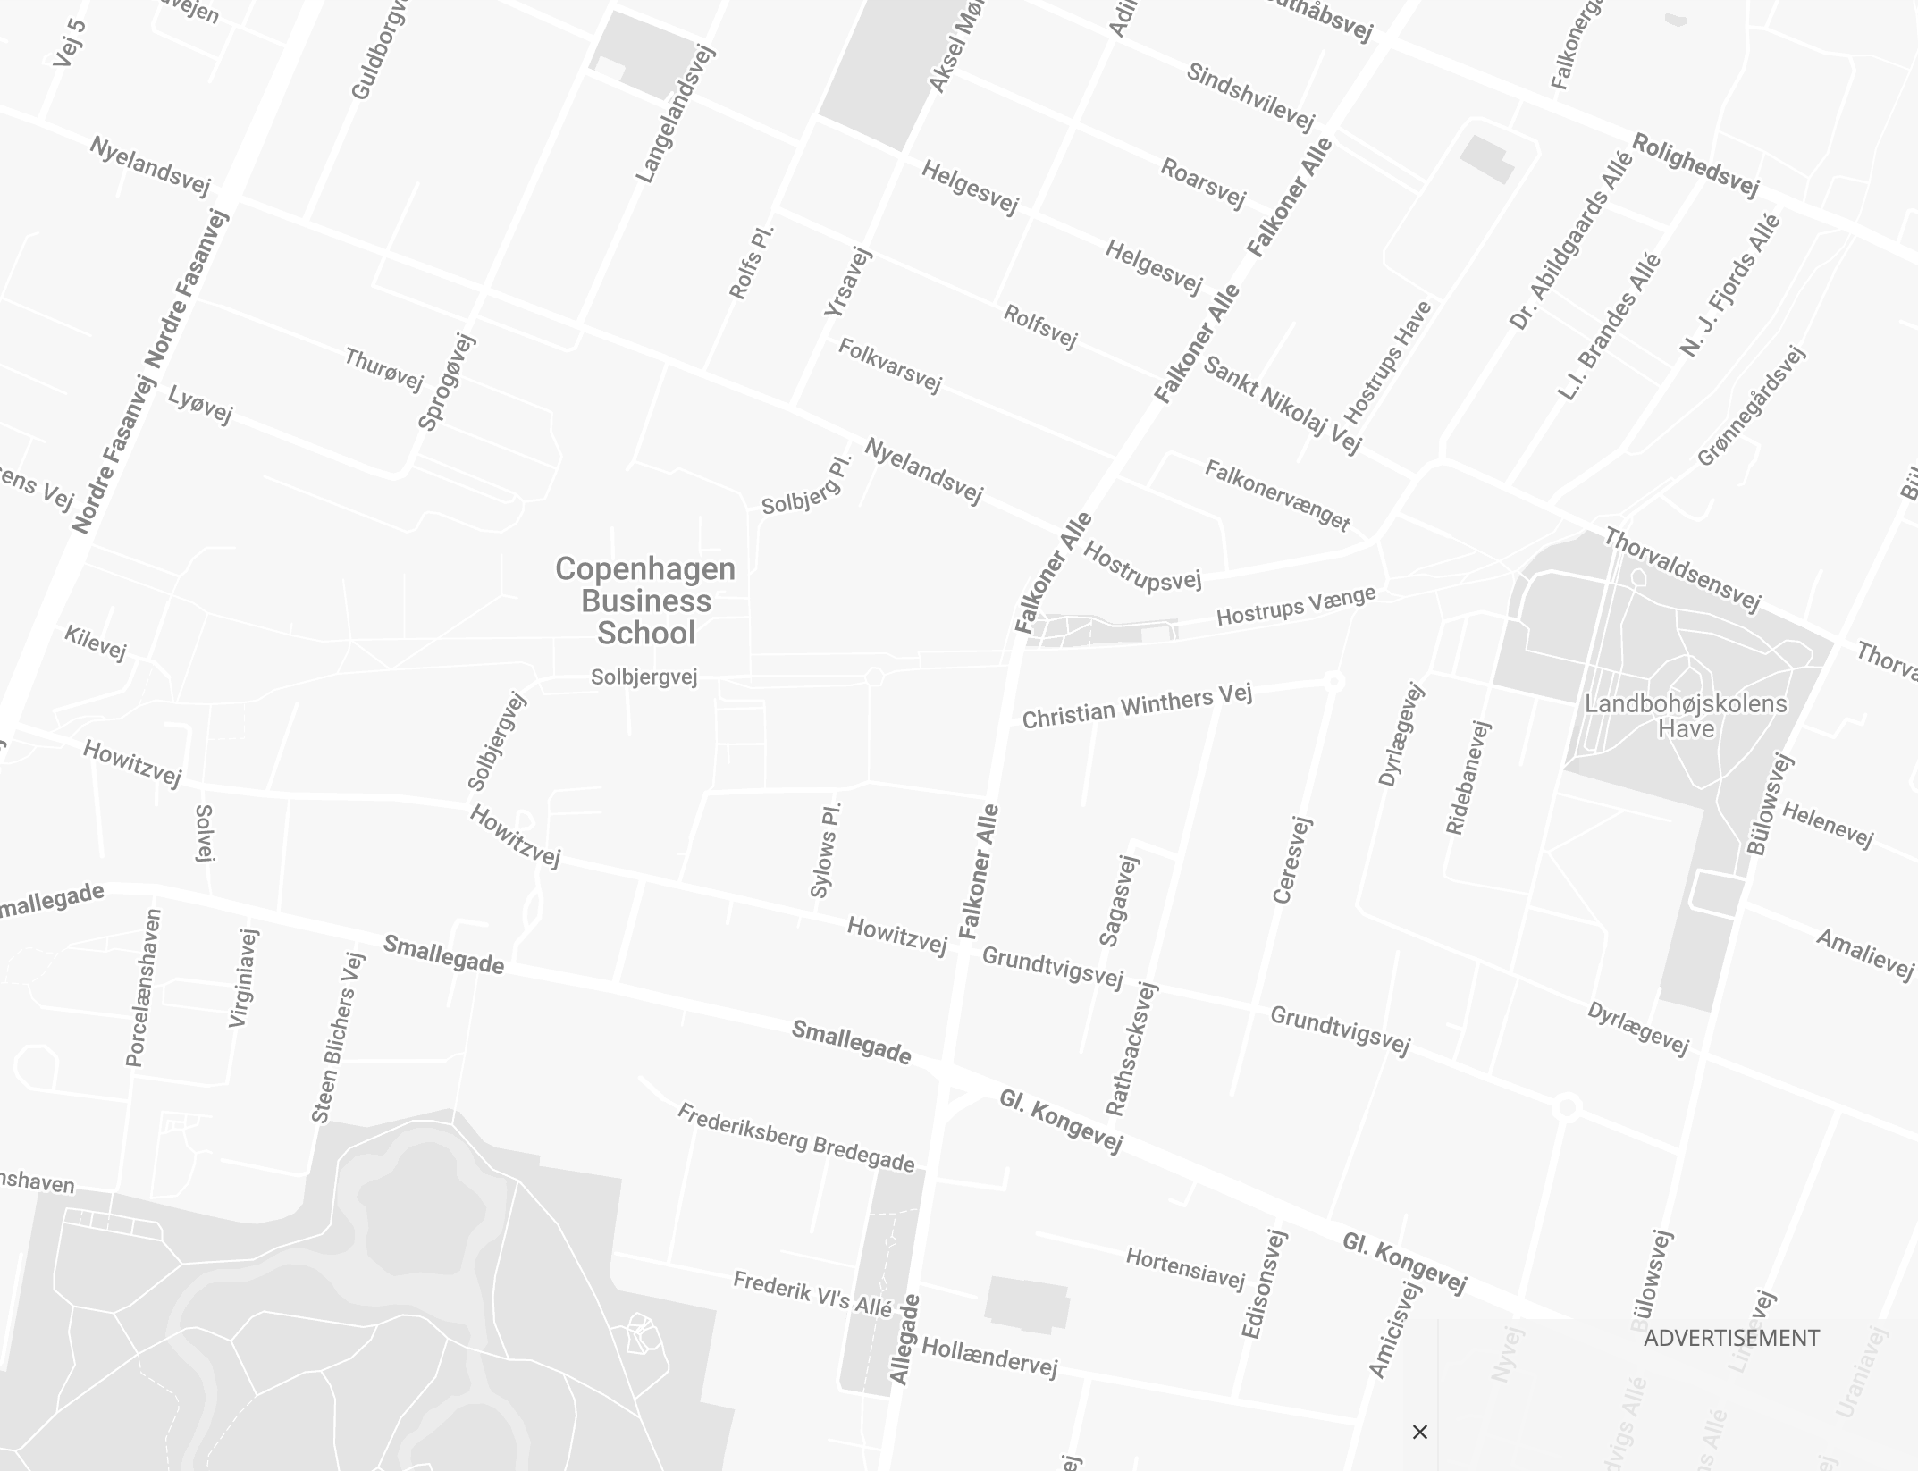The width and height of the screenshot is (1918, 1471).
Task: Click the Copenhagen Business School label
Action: click(x=645, y=601)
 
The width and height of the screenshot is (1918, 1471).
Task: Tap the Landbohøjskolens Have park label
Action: click(x=1686, y=716)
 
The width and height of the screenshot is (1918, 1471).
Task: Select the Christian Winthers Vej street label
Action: click(x=1137, y=706)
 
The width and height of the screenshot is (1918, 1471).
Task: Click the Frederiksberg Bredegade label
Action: click(x=795, y=1138)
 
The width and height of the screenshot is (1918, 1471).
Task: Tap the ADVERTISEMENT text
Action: click(x=1731, y=1338)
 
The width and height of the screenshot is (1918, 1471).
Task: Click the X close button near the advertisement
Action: click(x=1420, y=1432)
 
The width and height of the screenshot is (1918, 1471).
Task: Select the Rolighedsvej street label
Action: click(x=1695, y=164)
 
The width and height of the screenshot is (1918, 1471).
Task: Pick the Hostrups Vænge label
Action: click(x=1296, y=606)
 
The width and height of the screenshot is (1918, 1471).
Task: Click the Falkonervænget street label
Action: click(x=1277, y=494)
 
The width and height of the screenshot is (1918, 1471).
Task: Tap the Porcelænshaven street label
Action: click(x=144, y=988)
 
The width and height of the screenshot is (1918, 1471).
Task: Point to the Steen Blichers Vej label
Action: click(x=338, y=1038)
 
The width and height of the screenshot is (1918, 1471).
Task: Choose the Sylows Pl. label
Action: click(x=826, y=850)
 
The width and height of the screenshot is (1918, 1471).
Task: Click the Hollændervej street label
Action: click(x=989, y=1357)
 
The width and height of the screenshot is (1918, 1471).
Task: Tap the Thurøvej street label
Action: click(x=383, y=369)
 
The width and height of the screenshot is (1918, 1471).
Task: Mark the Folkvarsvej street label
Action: click(x=889, y=365)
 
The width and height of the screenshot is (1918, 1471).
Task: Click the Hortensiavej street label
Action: click(x=1185, y=1268)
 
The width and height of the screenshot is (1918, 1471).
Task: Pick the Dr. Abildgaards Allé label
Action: click(x=1570, y=240)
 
